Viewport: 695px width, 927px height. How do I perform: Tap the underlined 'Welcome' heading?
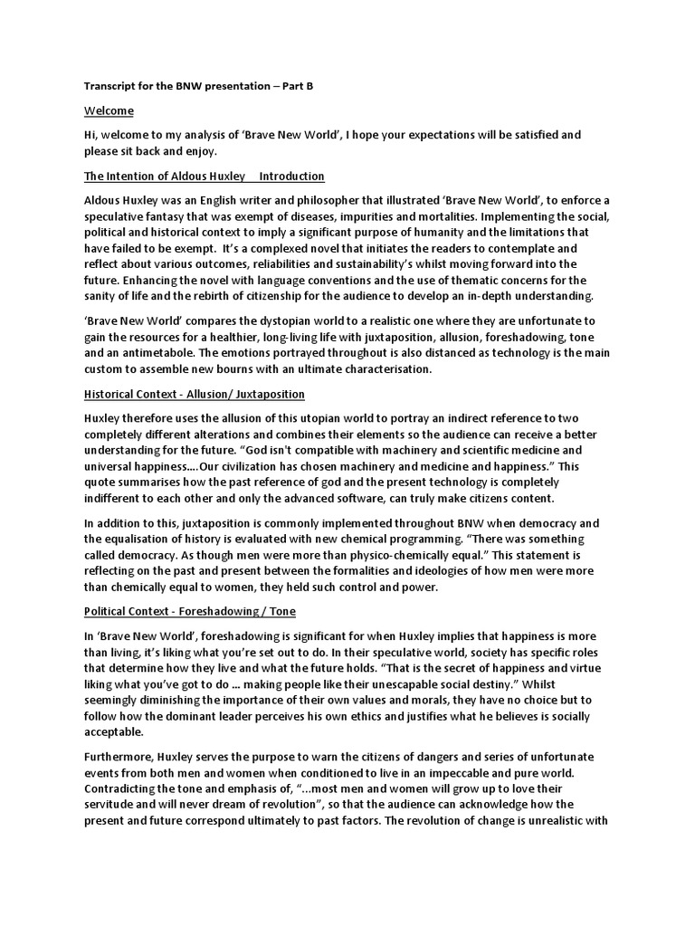(x=109, y=110)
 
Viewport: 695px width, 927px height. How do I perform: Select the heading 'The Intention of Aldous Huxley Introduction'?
(x=205, y=176)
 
